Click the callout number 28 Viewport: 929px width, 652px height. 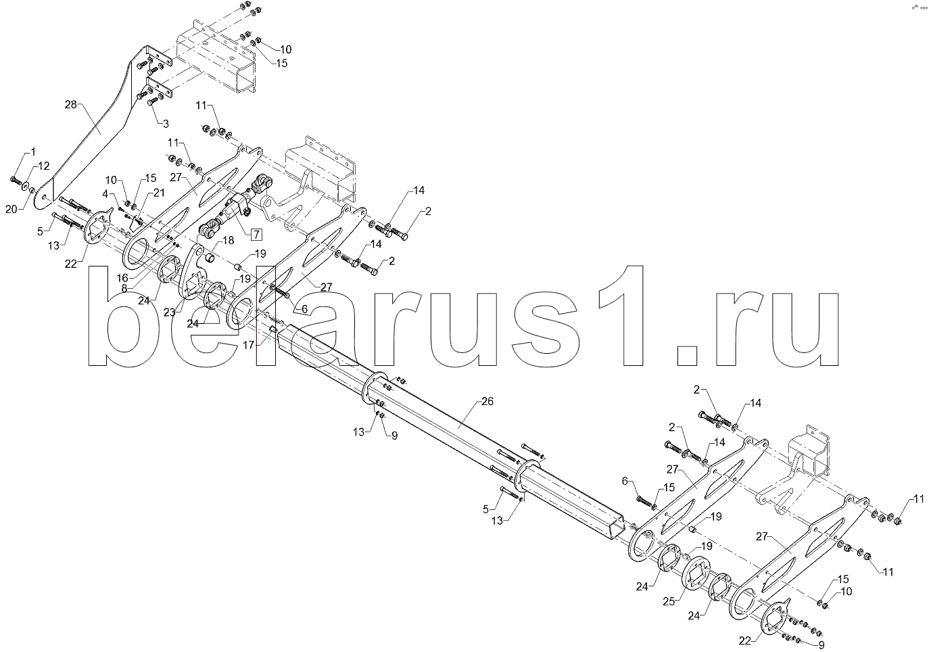70,105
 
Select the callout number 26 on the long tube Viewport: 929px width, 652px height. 487,401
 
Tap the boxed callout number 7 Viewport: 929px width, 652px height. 256,235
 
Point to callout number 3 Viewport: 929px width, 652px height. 166,123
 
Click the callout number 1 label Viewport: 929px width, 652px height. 32,152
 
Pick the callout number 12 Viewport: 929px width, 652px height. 43,166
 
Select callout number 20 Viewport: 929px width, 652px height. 11,210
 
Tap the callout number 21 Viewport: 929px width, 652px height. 159,193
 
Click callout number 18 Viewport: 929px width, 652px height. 228,240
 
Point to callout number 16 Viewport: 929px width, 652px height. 122,277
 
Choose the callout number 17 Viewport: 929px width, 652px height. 248,345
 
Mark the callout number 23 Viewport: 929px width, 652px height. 169,312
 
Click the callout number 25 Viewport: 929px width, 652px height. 669,601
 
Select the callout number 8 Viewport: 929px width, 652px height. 124,288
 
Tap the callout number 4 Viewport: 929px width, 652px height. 105,193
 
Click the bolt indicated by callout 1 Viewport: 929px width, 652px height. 14,180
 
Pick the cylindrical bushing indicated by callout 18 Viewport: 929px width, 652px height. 211,259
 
